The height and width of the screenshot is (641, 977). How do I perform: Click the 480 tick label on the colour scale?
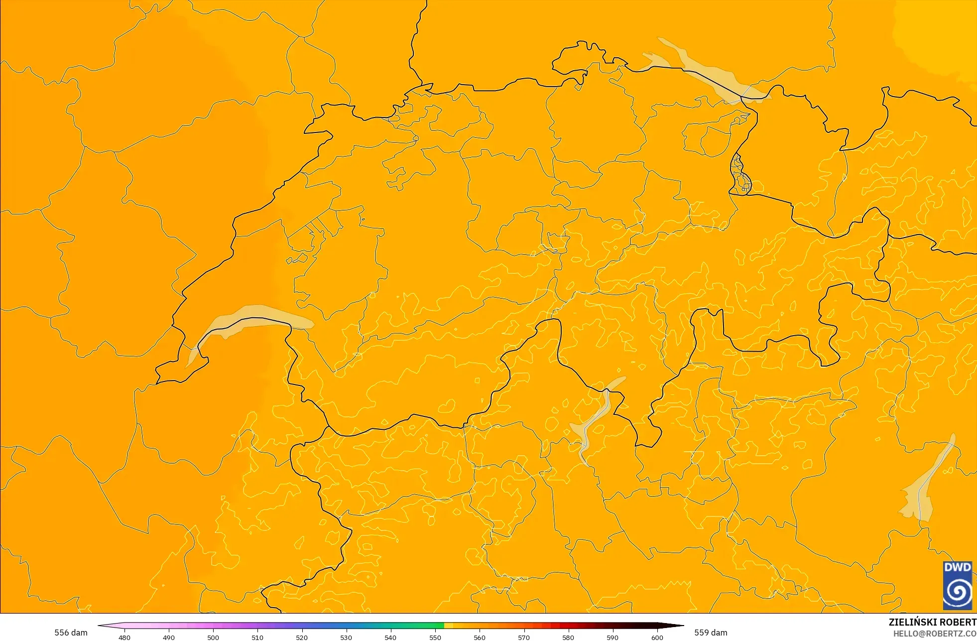(x=124, y=638)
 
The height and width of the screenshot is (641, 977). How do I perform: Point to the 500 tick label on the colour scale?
(x=213, y=638)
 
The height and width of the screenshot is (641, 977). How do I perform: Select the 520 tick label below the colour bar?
(x=302, y=638)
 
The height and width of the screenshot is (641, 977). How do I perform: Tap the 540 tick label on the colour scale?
(x=390, y=638)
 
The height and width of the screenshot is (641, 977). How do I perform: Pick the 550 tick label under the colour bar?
(x=435, y=638)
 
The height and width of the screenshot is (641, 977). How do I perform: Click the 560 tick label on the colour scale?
(x=480, y=638)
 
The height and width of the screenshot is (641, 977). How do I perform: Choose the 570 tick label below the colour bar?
(x=524, y=638)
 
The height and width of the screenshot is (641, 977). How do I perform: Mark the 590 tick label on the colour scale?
(x=612, y=638)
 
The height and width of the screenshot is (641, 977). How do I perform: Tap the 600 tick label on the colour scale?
(x=657, y=638)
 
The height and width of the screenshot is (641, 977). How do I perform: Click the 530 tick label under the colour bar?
(x=346, y=638)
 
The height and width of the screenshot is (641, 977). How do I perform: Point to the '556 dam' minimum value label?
(x=71, y=633)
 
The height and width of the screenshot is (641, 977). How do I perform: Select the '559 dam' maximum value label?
(x=711, y=633)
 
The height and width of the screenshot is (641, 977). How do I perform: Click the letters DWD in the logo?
(x=958, y=567)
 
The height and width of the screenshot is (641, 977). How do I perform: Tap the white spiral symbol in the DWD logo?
(x=958, y=592)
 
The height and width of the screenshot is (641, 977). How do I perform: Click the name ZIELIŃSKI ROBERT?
(x=932, y=622)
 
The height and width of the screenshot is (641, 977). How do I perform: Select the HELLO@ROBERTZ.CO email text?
(x=935, y=634)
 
